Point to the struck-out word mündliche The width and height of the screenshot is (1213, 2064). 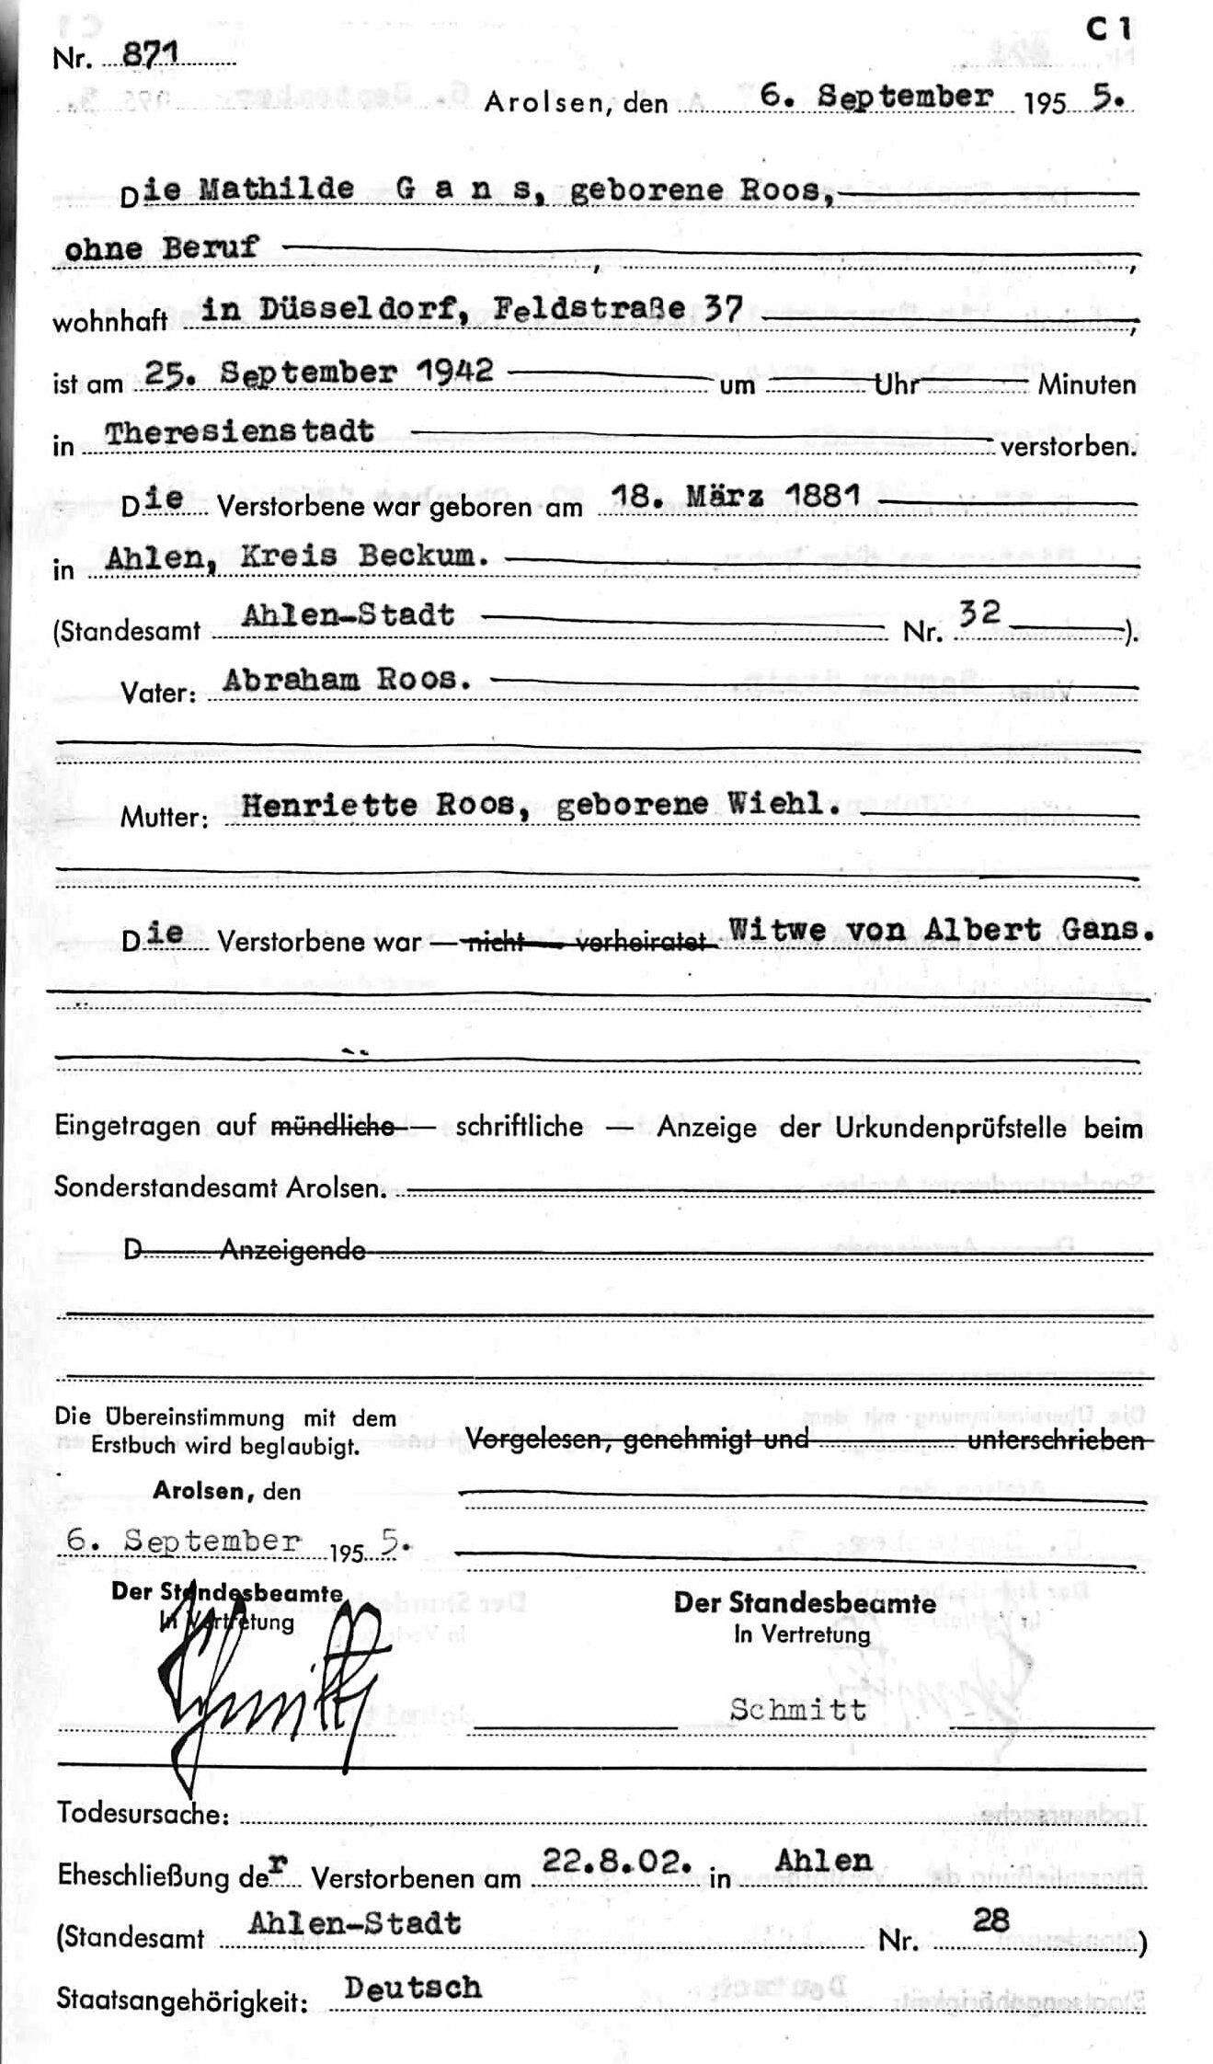[x=334, y=1126]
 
